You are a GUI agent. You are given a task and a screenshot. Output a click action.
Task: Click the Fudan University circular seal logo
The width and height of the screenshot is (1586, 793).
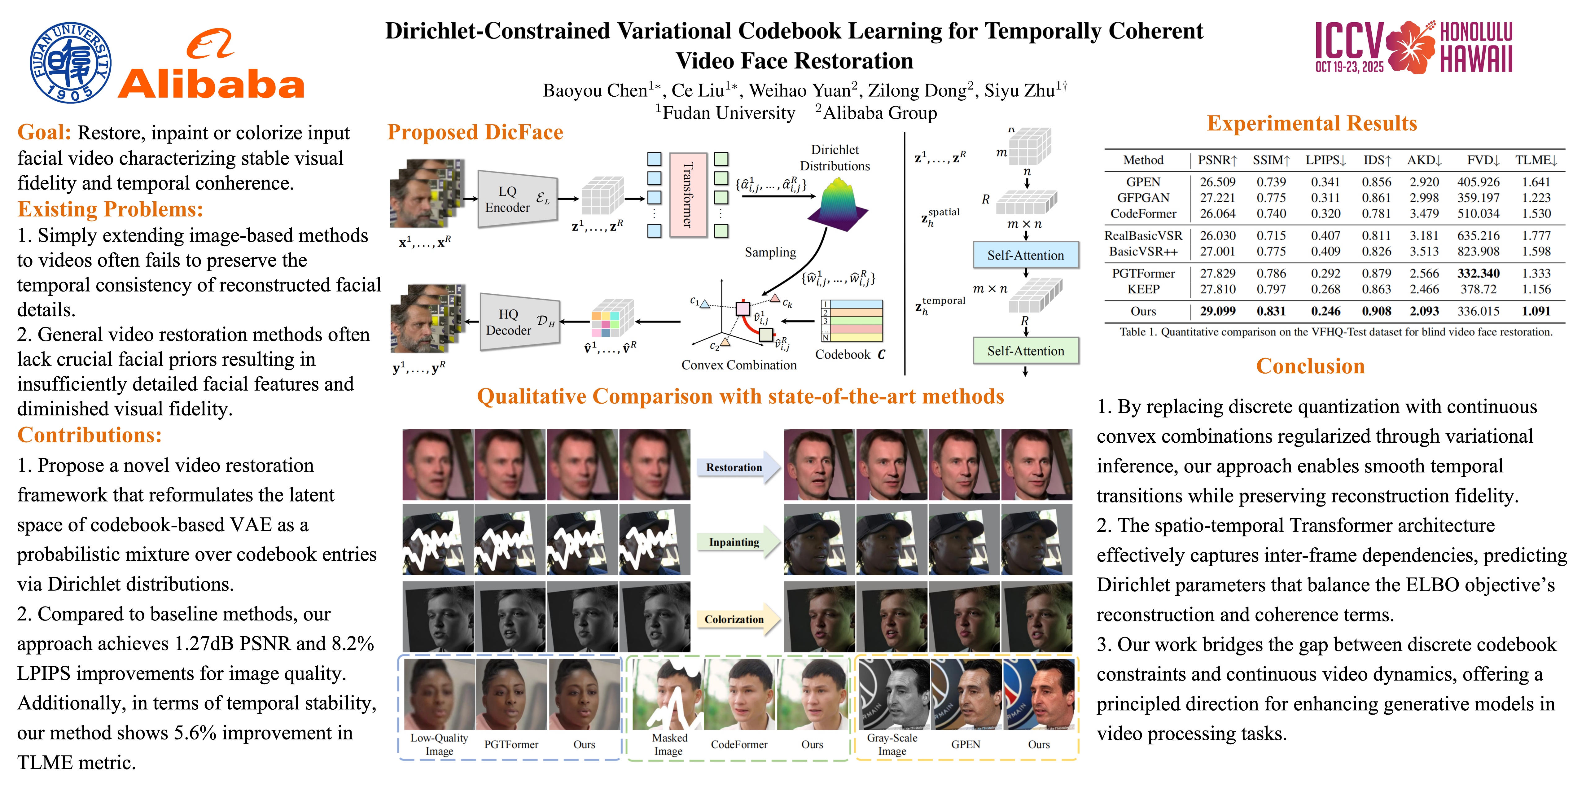[x=71, y=63]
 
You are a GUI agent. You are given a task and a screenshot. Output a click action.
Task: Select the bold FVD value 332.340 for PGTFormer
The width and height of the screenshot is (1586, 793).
[x=1478, y=273]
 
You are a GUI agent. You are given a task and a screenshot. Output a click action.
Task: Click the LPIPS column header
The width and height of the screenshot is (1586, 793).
[x=1325, y=160]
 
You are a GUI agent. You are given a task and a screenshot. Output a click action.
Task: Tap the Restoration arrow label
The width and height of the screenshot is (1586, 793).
[x=734, y=467]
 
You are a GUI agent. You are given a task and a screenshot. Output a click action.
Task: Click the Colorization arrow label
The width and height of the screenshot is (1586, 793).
[x=734, y=620]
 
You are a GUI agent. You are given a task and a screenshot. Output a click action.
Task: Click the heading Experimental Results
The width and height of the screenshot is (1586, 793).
[x=1312, y=123]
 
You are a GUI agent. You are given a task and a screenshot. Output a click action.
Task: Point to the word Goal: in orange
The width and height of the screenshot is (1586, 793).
[x=44, y=132]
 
